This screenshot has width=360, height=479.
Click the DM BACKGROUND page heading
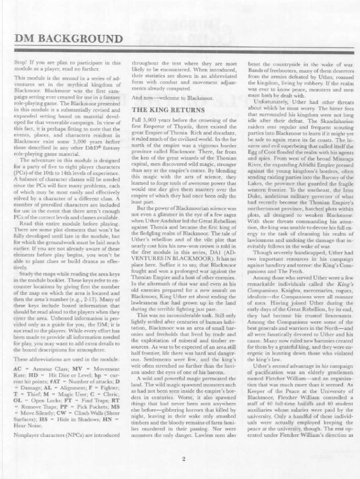69,38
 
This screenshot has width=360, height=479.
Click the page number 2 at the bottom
184,458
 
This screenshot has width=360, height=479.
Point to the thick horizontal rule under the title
180,50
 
